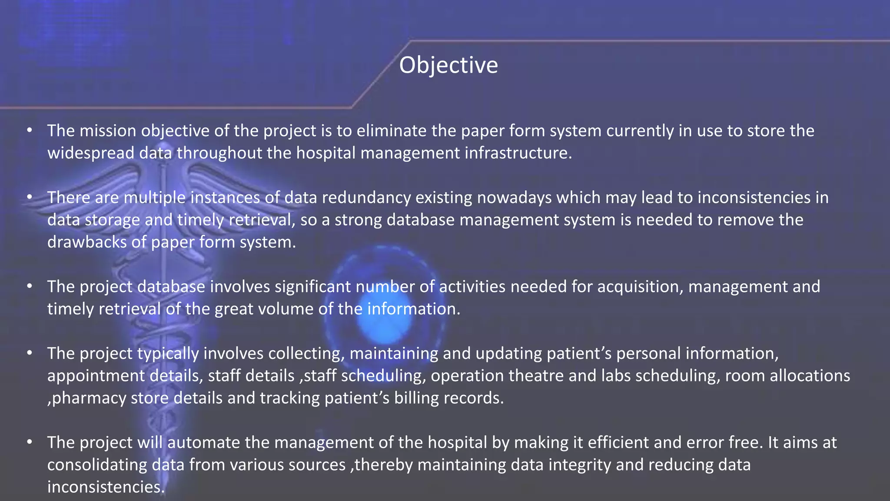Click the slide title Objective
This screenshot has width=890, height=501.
[448, 65]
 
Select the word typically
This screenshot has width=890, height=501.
[168, 354]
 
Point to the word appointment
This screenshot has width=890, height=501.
[96, 376]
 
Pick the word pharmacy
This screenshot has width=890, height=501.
[89, 398]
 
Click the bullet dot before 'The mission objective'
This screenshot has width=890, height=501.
[30, 130]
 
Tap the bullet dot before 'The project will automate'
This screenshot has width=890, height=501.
[30, 442]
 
